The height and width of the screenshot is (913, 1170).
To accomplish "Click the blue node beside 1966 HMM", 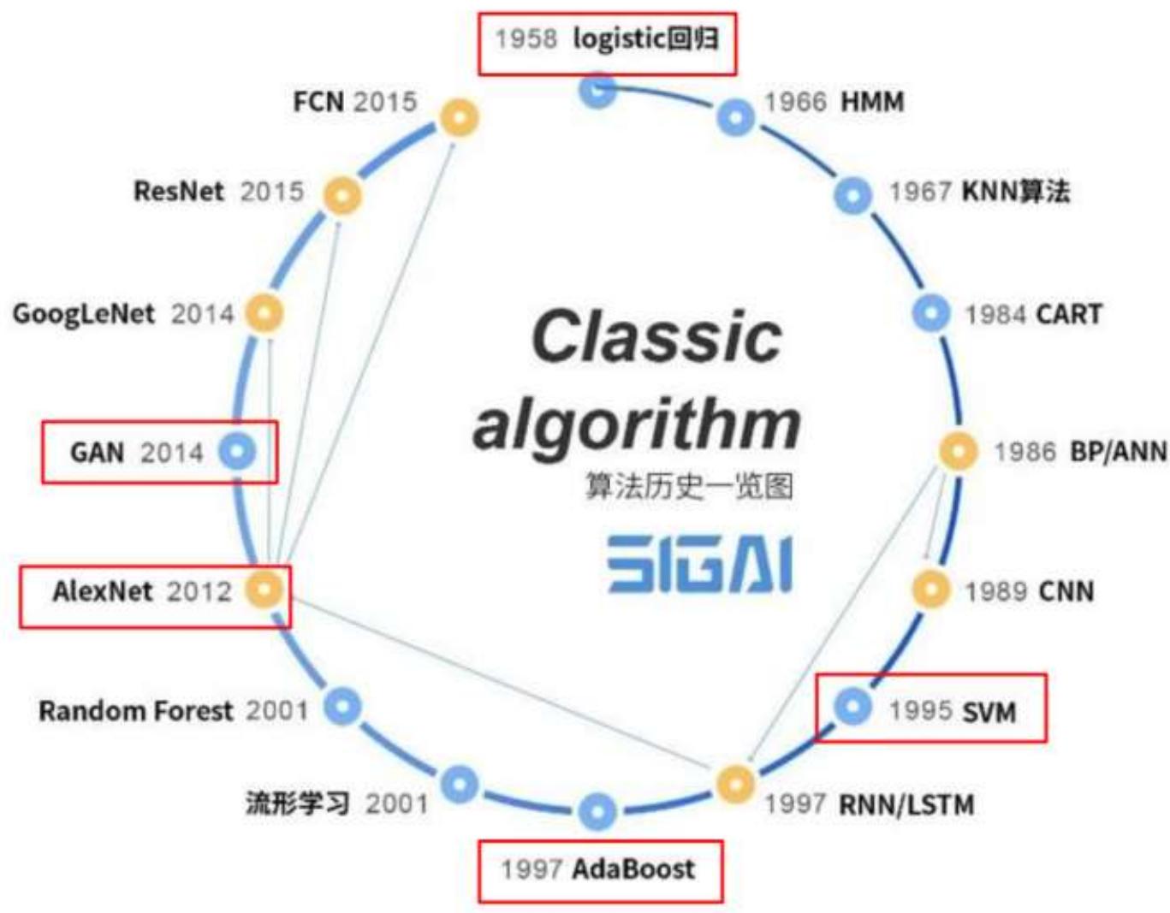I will click(x=735, y=117).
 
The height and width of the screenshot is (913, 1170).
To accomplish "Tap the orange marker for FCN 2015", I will click(x=459, y=117).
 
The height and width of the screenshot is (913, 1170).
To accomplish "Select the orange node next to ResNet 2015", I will click(x=341, y=195).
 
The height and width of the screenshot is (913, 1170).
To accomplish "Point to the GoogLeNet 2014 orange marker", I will click(x=264, y=313).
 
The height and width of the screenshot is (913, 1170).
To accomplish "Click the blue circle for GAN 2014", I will click(x=237, y=451).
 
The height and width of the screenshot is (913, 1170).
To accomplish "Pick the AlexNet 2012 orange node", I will click(x=264, y=589).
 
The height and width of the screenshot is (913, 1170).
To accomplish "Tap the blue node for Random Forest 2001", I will click(x=342, y=706).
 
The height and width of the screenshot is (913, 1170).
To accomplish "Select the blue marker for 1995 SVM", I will click(x=852, y=707).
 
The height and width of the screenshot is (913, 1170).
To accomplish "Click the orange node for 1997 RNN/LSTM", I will click(x=735, y=783).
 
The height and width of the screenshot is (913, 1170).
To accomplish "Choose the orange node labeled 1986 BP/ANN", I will click(x=958, y=451).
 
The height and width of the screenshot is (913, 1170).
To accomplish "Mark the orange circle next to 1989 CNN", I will click(x=931, y=589).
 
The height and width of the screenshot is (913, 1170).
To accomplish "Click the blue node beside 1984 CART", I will click(x=931, y=313).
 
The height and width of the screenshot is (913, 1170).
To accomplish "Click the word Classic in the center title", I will click(x=656, y=336).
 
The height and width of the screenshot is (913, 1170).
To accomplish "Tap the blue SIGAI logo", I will click(x=700, y=564).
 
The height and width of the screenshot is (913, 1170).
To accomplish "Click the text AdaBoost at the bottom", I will click(x=633, y=869).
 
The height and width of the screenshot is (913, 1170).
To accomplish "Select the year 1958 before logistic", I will click(x=526, y=39).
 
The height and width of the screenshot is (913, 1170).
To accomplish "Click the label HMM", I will click(x=872, y=102).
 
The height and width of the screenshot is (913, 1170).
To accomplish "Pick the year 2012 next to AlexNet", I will click(x=199, y=591).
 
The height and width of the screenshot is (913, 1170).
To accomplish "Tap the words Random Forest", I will click(x=135, y=710).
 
